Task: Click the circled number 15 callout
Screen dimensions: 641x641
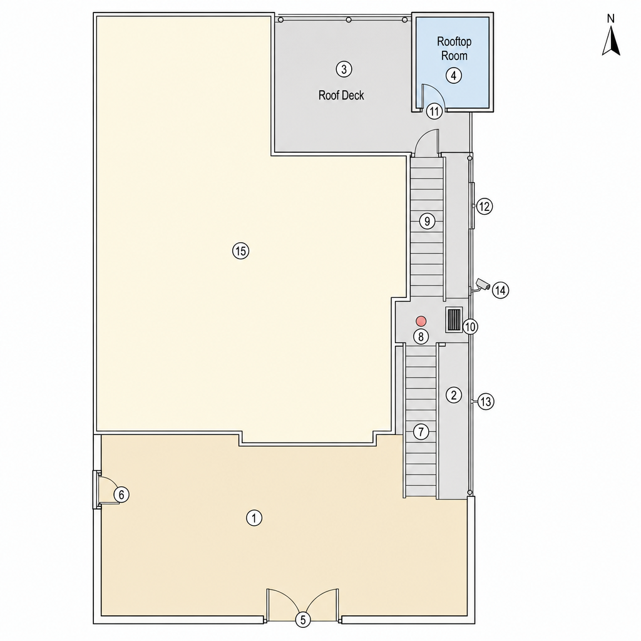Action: point(241,250)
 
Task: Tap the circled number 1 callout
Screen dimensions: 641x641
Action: point(254,518)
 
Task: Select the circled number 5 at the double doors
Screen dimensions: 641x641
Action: point(303,620)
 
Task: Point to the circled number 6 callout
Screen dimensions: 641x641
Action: point(121,495)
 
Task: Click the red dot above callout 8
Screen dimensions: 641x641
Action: point(421,320)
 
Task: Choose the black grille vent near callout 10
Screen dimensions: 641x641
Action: point(454,319)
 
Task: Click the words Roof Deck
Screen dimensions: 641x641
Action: point(341,95)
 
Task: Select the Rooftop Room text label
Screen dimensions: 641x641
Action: point(454,48)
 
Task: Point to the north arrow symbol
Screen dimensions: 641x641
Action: point(611,40)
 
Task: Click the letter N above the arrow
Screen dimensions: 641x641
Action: point(611,18)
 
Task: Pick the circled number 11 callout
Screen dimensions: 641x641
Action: point(434,111)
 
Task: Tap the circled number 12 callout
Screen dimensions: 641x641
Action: point(485,207)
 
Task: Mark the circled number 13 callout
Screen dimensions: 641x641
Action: point(486,401)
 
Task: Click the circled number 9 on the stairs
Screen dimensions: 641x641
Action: point(427,221)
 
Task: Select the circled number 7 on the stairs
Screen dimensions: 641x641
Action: point(421,431)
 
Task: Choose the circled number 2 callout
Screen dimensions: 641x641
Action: point(453,395)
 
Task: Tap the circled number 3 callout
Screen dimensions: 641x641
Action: point(344,69)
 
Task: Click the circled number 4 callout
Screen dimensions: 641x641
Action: point(453,75)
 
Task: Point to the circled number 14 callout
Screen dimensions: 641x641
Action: point(500,290)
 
